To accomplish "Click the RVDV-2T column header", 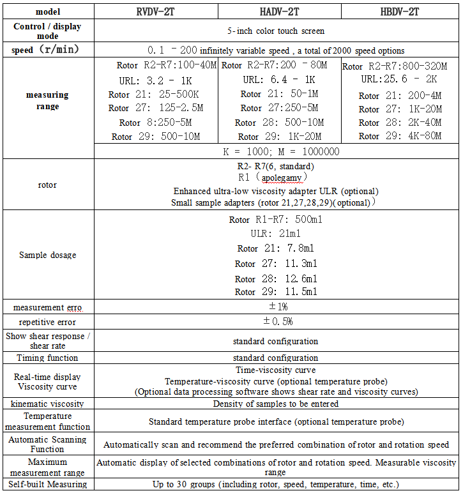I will point(156,11).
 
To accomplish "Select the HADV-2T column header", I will point(279,11).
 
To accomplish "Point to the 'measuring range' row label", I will point(47,101).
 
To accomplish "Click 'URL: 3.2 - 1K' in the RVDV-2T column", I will point(156,80).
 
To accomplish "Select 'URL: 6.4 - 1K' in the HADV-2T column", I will point(279,80).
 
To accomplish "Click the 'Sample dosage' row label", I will point(47,255).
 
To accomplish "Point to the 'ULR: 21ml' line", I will point(275,234).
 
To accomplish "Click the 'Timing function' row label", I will point(47,358).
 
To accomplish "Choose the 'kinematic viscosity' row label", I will point(47,404).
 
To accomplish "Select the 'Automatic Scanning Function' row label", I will point(47,444).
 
